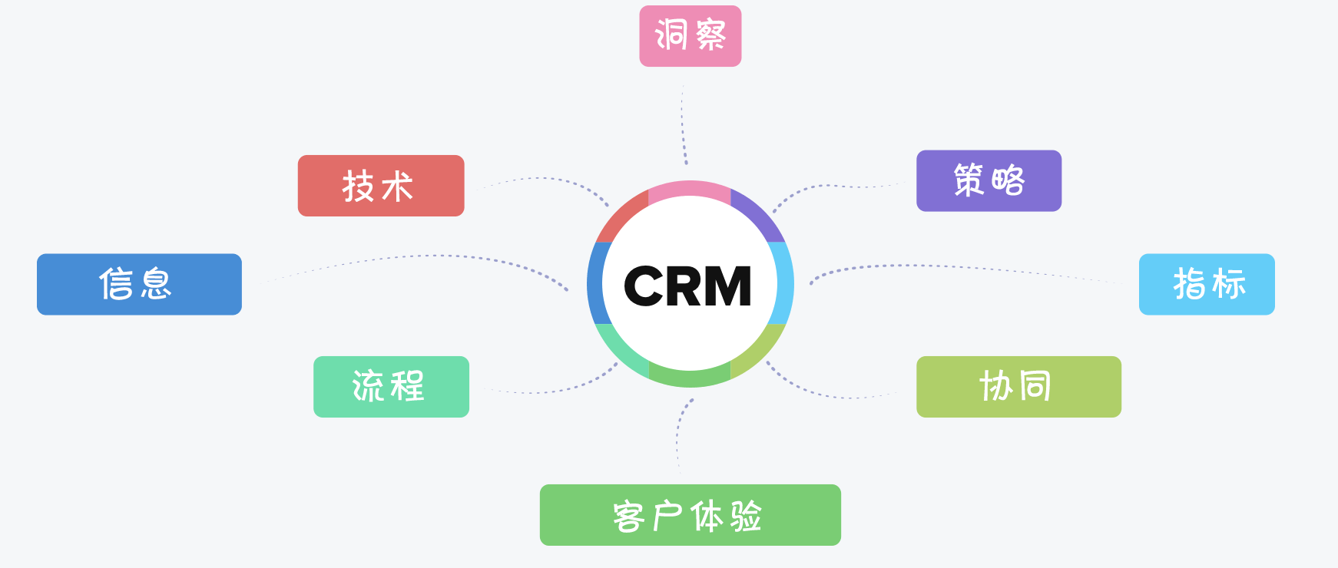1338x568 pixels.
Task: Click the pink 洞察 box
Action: pyautogui.click(x=690, y=36)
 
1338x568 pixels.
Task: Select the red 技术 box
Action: pyautogui.click(x=381, y=186)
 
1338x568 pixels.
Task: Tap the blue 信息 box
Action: pyautogui.click(x=139, y=284)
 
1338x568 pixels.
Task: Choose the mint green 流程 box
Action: pyautogui.click(x=391, y=387)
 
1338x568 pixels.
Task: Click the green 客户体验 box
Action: pyautogui.click(x=690, y=515)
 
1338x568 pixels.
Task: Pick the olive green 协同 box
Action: pyautogui.click(x=1018, y=387)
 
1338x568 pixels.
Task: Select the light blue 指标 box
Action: pyautogui.click(x=1206, y=284)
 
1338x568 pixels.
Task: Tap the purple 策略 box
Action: pyautogui.click(x=989, y=181)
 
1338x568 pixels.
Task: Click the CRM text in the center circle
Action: pyautogui.click(x=688, y=286)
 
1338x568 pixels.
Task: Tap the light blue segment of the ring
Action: pyautogui.click(x=784, y=282)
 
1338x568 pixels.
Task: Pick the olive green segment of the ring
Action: pyautogui.click(x=760, y=352)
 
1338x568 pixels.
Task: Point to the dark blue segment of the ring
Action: pyautogui.click(x=595, y=283)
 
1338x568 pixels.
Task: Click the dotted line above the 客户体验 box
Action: pyautogui.click(x=678, y=434)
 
